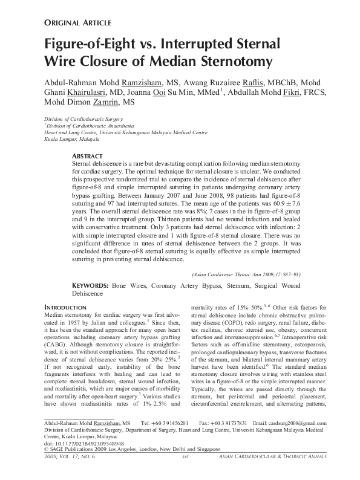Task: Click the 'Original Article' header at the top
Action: [x=77, y=23]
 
